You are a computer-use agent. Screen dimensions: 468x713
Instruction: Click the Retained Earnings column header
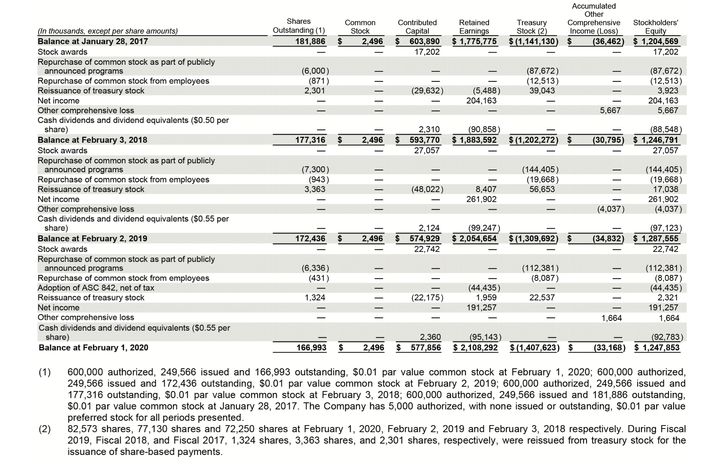tap(474, 27)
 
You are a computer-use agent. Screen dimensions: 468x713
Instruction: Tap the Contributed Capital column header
tap(417, 27)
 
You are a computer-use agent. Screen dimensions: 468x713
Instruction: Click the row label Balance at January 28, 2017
tap(93, 41)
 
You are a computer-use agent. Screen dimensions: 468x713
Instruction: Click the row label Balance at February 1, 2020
tap(93, 348)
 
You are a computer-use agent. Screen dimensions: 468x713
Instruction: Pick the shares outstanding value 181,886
tap(310, 41)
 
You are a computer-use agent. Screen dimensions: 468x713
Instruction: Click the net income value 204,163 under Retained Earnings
tap(481, 101)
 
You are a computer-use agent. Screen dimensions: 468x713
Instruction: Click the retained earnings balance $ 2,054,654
tap(475, 239)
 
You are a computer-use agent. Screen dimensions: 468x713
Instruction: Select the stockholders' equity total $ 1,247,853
tap(657, 348)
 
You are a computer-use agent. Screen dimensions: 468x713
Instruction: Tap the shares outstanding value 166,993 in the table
tap(311, 348)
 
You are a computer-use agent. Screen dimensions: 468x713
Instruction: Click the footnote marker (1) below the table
tap(45, 372)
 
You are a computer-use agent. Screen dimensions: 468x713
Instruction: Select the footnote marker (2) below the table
tap(45, 429)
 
